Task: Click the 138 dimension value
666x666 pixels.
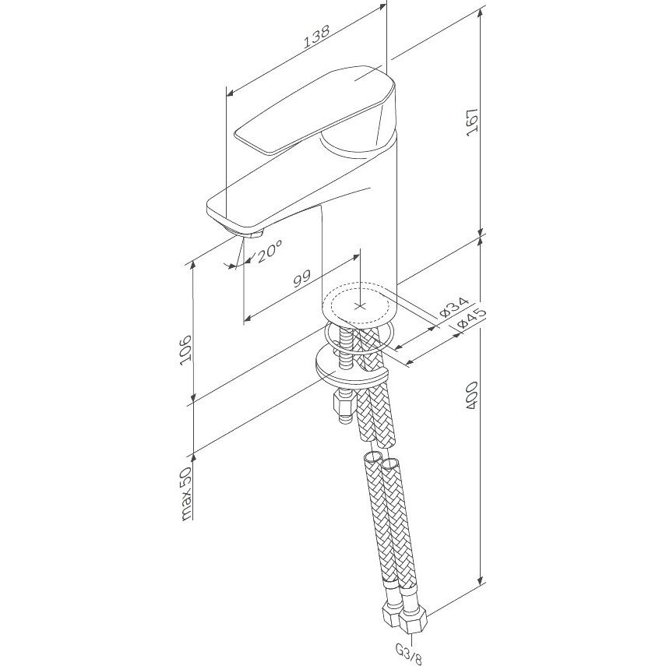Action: (x=317, y=37)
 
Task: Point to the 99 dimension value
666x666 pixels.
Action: (x=302, y=279)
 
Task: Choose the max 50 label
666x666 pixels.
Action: (x=186, y=493)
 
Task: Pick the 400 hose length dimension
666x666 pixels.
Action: (x=472, y=396)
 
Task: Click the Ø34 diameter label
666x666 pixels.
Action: (x=454, y=307)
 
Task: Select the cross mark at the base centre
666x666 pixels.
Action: (x=360, y=305)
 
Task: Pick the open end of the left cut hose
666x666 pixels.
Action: (x=372, y=458)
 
